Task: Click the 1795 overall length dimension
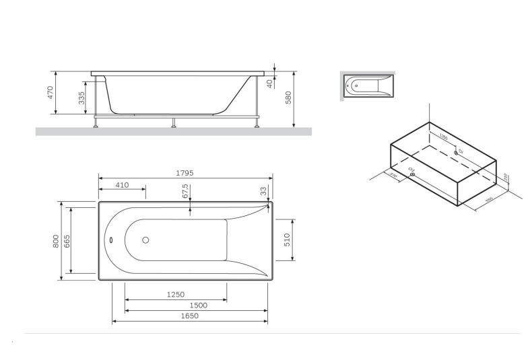click(185, 173)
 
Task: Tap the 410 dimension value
click(122, 185)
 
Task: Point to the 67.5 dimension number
click(185, 191)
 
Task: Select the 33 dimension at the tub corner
click(264, 191)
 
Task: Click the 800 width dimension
click(57, 240)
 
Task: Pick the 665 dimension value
click(67, 240)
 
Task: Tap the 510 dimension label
click(286, 240)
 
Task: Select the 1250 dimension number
click(175, 295)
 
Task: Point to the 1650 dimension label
click(189, 316)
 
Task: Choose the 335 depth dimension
click(82, 98)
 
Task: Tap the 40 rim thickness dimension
click(269, 83)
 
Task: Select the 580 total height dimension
click(288, 98)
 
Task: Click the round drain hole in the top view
click(145, 240)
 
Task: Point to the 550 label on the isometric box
click(490, 199)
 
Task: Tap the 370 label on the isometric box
click(392, 175)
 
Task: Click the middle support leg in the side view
click(174, 123)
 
